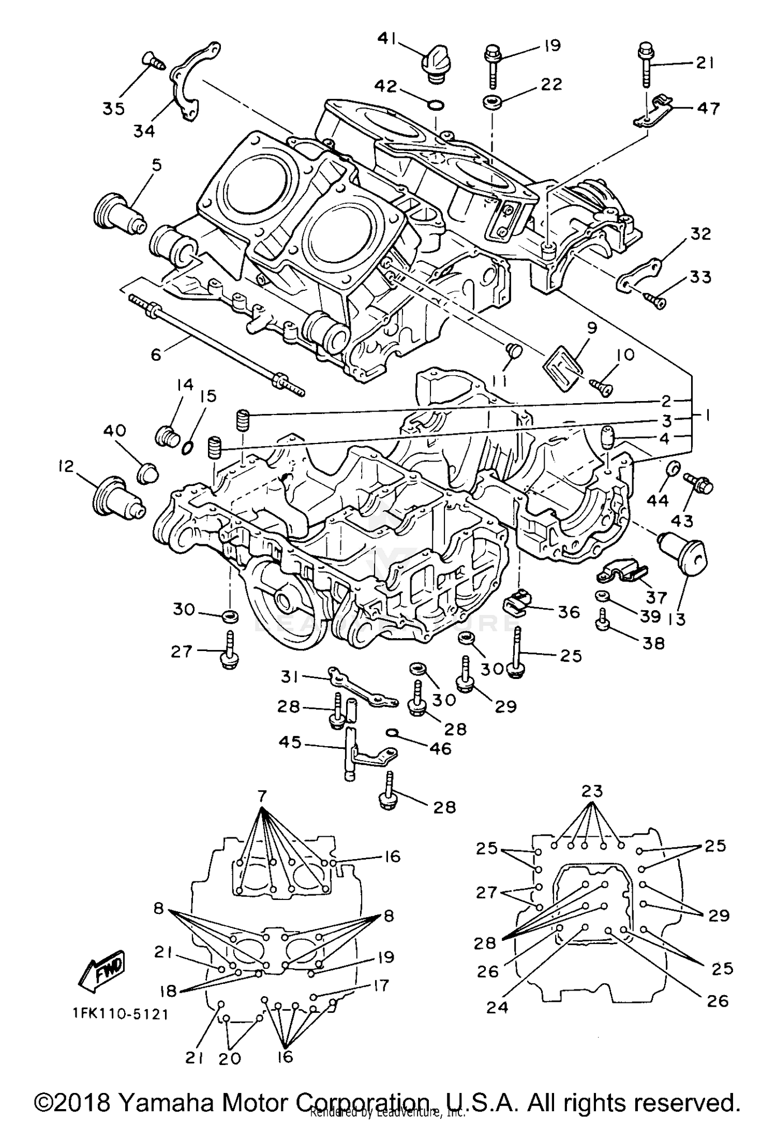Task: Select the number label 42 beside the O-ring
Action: coord(386,86)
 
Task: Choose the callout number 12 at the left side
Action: coord(66,467)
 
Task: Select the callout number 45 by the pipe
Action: coord(290,742)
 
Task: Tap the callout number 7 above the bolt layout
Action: coord(262,797)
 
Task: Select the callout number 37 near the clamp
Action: coord(656,598)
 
